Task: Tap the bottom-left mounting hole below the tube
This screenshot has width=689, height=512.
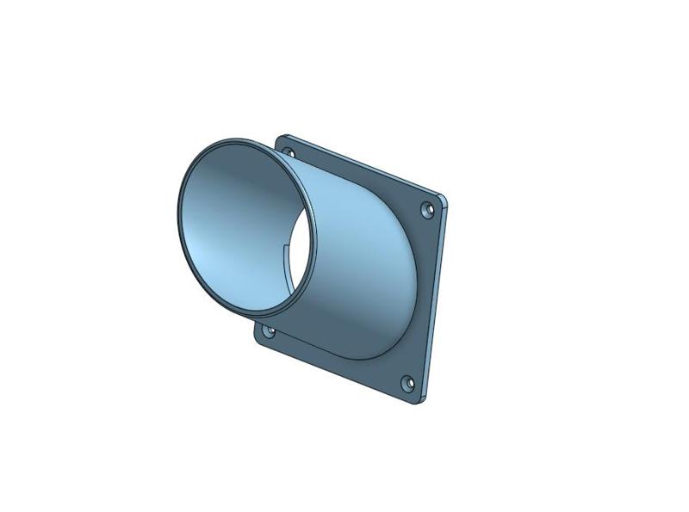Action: pos(269,330)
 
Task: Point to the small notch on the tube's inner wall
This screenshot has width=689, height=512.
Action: pos(287,252)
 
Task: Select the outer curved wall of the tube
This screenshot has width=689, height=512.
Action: pos(362,258)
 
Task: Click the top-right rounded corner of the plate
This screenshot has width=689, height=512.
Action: pos(444,200)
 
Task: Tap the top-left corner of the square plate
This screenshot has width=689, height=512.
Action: pos(281,136)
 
